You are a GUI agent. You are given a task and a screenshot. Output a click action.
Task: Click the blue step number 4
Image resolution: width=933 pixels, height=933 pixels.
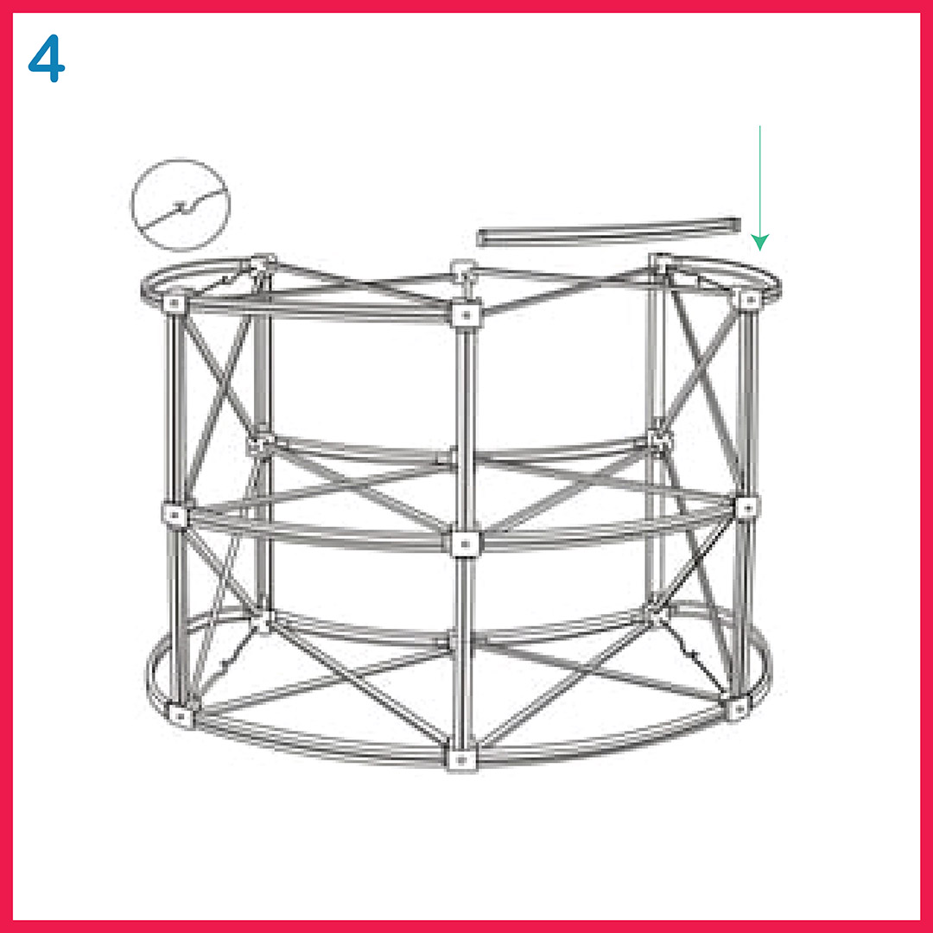(x=47, y=59)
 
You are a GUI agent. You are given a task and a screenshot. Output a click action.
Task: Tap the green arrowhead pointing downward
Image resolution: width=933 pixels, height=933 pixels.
(x=760, y=242)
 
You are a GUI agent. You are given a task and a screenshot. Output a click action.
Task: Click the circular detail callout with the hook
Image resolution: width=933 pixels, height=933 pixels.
(x=181, y=205)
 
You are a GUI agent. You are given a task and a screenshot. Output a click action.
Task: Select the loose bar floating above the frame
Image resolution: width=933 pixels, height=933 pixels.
(x=609, y=232)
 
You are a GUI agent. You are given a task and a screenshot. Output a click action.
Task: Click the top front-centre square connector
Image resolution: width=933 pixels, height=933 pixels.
(x=466, y=314)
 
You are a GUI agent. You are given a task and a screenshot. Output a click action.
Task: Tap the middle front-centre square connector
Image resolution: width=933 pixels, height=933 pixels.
(x=465, y=543)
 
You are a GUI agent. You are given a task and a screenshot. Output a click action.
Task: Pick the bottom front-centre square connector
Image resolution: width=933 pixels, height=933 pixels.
(x=461, y=758)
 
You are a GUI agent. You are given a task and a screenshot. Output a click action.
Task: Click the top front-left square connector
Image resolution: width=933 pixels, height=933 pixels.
(x=175, y=303)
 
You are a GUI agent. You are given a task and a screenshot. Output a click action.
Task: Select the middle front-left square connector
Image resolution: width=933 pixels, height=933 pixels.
(x=174, y=513)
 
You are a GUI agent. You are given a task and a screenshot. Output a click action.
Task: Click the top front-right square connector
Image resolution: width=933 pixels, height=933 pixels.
(x=750, y=300)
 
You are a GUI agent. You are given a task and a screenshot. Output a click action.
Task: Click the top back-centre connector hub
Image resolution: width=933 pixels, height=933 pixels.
(x=464, y=270)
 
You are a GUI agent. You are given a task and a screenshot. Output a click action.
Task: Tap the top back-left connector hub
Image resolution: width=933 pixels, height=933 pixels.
(x=262, y=263)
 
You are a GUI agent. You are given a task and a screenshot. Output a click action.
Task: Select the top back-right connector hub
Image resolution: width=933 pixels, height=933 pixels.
(x=661, y=263)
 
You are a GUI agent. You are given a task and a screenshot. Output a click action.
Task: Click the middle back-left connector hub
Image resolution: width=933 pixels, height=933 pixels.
(x=261, y=442)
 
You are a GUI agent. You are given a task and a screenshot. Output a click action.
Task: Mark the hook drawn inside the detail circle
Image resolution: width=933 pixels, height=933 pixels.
(x=181, y=207)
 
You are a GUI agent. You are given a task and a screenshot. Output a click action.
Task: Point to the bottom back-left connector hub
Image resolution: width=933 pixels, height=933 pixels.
(x=262, y=620)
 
